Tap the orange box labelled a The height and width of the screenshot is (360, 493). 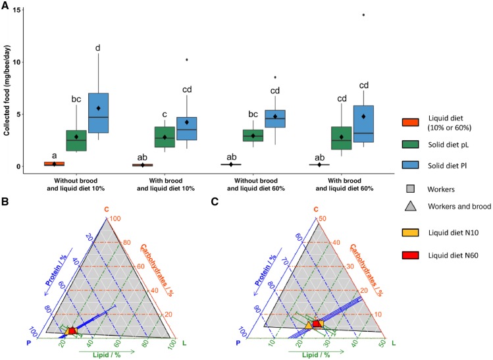(x=54, y=163)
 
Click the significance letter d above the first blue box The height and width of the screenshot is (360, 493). (x=97, y=47)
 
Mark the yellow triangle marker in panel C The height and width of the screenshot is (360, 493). (x=308, y=325)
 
